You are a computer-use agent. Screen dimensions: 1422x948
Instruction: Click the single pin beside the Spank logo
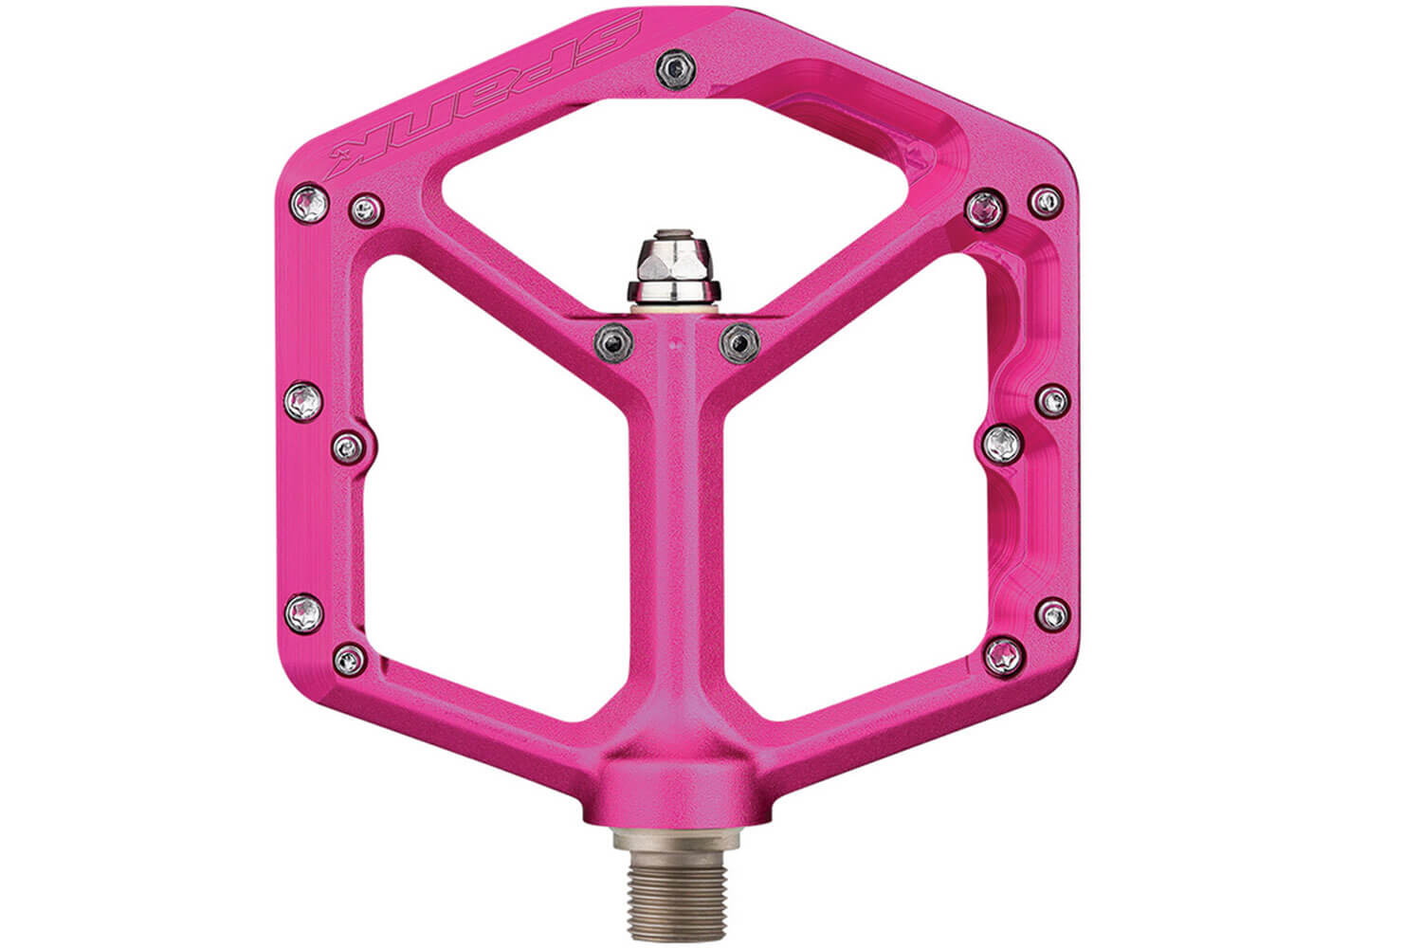pos(675,68)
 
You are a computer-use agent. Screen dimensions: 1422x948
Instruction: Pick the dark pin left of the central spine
pos(613,342)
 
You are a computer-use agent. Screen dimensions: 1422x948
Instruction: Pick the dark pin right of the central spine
pos(738,343)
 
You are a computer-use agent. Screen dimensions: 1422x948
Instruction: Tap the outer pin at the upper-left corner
pos(309,203)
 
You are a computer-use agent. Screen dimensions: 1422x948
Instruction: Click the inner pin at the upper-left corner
pos(366,210)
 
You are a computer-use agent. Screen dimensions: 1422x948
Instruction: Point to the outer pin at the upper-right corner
pos(1045,202)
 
